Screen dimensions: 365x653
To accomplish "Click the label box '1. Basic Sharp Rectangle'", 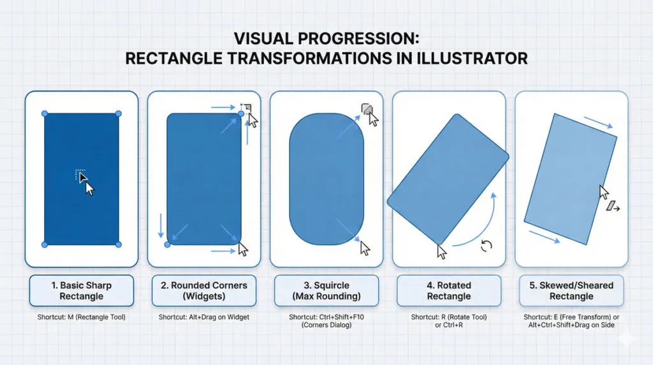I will coord(82,290).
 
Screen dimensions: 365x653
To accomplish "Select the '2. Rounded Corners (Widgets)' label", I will coord(204,290).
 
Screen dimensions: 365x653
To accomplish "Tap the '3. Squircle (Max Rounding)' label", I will coord(326,290).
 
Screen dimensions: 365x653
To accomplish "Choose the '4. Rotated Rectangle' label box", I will coord(449,290).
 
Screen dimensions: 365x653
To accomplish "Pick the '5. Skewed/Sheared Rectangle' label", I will coord(571,290).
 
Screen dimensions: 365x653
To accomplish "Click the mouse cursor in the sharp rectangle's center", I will coord(88,187).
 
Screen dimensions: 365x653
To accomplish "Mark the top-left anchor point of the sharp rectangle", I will coord(45,114).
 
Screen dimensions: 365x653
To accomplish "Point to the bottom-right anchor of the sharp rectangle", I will coord(119,244).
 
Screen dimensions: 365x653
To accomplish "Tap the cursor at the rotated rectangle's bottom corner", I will coord(441,251).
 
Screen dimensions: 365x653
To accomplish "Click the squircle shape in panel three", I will coord(326,179).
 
